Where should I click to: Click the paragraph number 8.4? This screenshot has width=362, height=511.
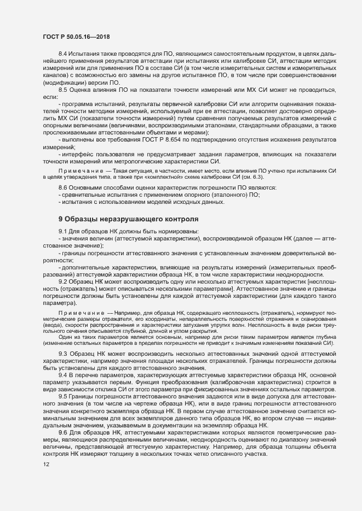62,55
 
